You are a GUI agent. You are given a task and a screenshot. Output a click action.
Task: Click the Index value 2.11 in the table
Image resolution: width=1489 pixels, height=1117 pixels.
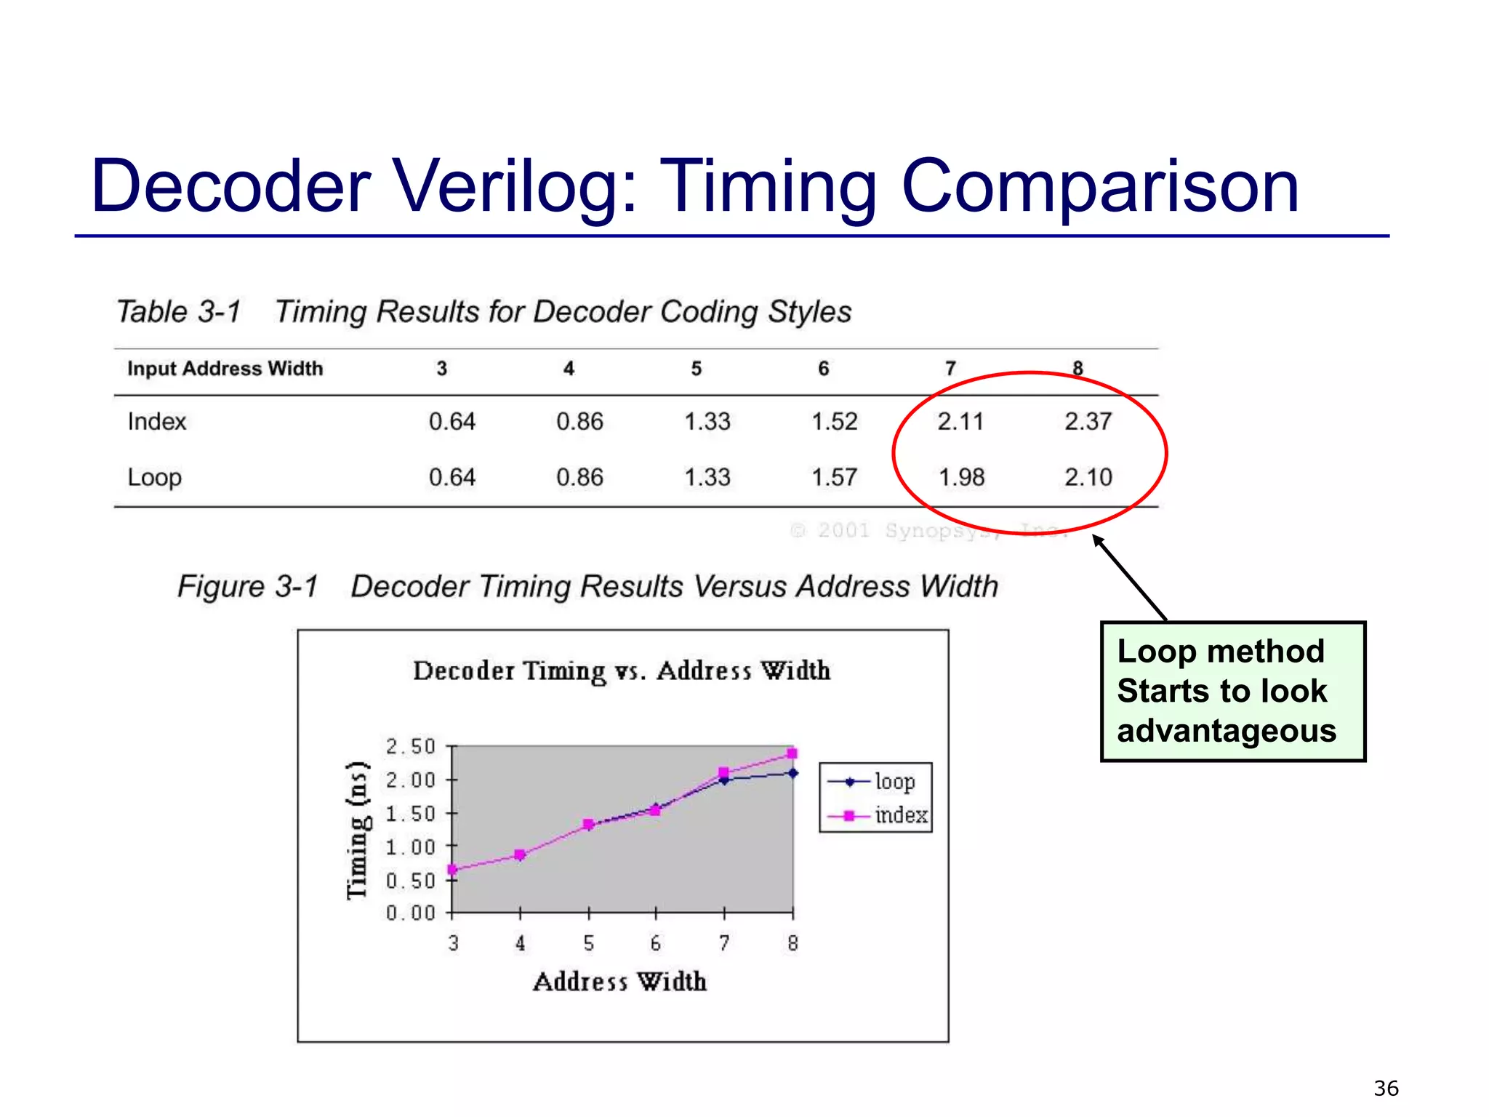click(960, 421)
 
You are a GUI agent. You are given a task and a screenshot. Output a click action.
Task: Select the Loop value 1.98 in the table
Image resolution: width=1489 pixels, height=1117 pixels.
click(961, 477)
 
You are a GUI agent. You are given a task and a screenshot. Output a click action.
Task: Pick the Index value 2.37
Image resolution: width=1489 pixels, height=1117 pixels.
click(1088, 421)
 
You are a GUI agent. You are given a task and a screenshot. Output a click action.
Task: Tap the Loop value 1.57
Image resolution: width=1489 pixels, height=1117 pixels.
click(835, 477)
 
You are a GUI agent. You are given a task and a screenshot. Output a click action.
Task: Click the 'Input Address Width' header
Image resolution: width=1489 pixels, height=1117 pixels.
click(225, 369)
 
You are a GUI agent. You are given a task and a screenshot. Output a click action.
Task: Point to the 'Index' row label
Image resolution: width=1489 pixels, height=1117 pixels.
click(157, 422)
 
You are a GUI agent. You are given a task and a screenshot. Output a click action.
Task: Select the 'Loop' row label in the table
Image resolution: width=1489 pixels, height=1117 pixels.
click(154, 478)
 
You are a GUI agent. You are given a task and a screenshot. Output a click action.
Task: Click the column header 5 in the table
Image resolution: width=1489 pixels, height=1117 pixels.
click(696, 369)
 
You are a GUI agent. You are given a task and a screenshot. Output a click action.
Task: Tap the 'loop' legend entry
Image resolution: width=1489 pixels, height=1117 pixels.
click(894, 782)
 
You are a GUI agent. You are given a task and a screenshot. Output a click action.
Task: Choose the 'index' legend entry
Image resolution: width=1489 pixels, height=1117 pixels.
click(901, 815)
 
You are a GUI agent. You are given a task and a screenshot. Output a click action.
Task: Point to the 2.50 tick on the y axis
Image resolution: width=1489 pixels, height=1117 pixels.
click(410, 747)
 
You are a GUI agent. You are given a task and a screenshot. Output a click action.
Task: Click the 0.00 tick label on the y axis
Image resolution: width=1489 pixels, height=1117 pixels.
click(410, 913)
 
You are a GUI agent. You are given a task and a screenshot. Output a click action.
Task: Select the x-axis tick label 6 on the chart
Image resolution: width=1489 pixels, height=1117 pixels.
click(656, 943)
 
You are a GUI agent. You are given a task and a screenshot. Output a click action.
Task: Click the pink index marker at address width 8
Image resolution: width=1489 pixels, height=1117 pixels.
click(792, 753)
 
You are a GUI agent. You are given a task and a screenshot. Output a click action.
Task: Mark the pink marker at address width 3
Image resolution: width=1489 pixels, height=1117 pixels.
click(452, 870)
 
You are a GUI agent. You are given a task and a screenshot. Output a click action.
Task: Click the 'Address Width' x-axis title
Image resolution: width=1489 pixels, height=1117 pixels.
click(619, 982)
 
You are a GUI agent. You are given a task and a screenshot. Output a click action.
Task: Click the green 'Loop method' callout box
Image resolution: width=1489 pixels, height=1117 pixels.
click(1233, 691)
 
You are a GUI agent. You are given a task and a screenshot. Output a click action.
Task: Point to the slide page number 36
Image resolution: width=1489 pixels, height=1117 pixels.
click(1386, 1088)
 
